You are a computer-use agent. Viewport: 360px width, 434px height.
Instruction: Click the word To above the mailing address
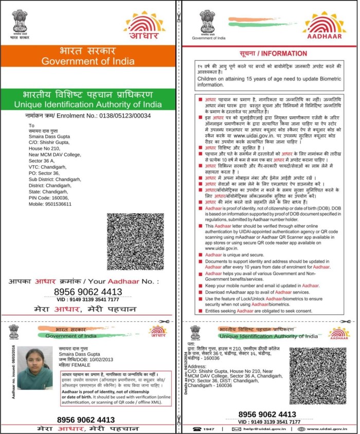click(x=31, y=125)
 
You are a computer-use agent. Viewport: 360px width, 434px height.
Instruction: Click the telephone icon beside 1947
click(x=196, y=428)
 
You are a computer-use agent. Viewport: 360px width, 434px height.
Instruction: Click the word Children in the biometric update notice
click(x=209, y=78)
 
